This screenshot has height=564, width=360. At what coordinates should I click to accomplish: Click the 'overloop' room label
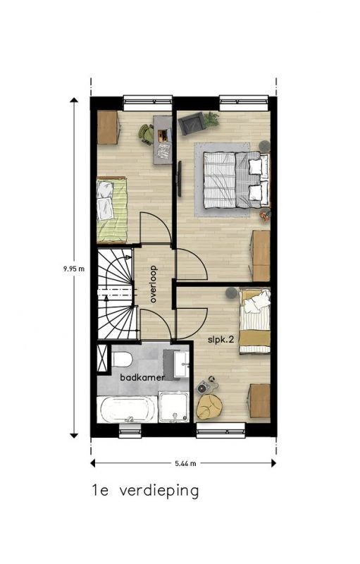pyautogui.click(x=154, y=284)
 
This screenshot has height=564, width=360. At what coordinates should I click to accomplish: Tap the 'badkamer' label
pyautogui.click(x=142, y=377)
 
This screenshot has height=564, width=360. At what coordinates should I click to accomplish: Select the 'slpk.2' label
pyautogui.click(x=221, y=340)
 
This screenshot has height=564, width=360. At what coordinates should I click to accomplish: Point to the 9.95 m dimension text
pyautogui.click(x=74, y=269)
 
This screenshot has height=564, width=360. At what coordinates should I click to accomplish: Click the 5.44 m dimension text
pyautogui.click(x=186, y=463)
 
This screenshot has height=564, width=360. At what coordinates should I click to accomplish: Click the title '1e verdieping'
pyautogui.click(x=145, y=490)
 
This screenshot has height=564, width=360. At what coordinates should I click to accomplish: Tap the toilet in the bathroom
pyautogui.click(x=121, y=359)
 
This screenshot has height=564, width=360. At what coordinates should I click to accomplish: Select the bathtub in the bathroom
pyautogui.click(x=128, y=410)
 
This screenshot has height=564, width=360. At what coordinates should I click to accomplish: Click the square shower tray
pyautogui.click(x=173, y=407)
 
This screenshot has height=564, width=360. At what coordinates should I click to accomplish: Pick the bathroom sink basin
pyautogui.click(x=181, y=364)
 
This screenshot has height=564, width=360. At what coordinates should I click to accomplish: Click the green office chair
pyautogui.click(x=147, y=134)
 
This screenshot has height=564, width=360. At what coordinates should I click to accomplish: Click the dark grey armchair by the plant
pyautogui.click(x=192, y=123)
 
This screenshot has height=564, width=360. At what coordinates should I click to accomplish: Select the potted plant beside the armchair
pyautogui.click(x=211, y=119)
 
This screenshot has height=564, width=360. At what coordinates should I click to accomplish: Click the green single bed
pyautogui.click(x=112, y=209)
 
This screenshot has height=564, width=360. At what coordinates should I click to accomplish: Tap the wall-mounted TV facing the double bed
pyautogui.click(x=179, y=178)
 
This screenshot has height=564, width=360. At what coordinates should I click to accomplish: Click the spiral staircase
pyautogui.click(x=117, y=293)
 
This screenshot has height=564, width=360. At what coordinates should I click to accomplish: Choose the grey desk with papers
pyautogui.click(x=163, y=140)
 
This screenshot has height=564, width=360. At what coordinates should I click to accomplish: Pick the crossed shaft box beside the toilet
pyautogui.click(x=103, y=358)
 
